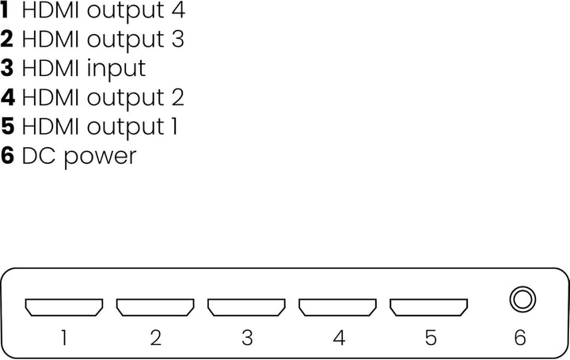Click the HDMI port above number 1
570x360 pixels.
click(x=64, y=307)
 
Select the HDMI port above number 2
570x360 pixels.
click(x=155, y=307)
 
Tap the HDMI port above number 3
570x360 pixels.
click(x=247, y=307)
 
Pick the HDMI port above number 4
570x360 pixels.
click(x=338, y=307)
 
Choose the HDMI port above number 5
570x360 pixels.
click(x=429, y=307)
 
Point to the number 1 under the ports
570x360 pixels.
click(x=63, y=338)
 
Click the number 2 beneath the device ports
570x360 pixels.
click(x=155, y=338)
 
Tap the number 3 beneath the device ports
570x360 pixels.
click(x=247, y=338)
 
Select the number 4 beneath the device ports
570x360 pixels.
click(x=339, y=338)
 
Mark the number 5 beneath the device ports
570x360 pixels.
click(x=430, y=338)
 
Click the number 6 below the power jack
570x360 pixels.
click(x=520, y=338)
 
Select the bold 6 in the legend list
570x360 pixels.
click(x=8, y=155)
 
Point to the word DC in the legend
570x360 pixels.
click(x=38, y=155)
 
